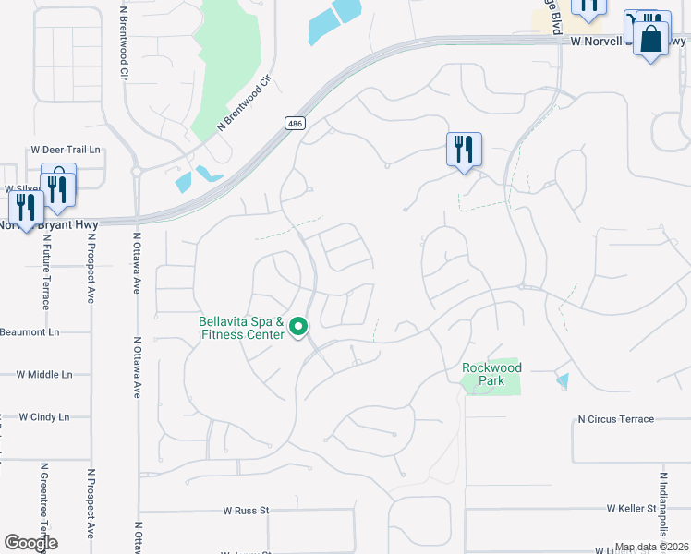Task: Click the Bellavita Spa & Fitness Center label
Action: [241, 328]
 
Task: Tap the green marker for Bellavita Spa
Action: [298, 327]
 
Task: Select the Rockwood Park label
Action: [491, 374]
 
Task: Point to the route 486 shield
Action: [294, 124]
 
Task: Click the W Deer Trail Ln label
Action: [65, 150]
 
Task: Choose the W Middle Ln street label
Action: [44, 375]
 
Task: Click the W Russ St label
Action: [246, 510]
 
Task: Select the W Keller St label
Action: [631, 509]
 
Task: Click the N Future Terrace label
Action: [43, 278]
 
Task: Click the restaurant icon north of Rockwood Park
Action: [464, 149]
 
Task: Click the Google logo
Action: [30, 543]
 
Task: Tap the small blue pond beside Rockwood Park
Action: [563, 380]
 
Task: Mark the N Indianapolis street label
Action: [662, 508]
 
